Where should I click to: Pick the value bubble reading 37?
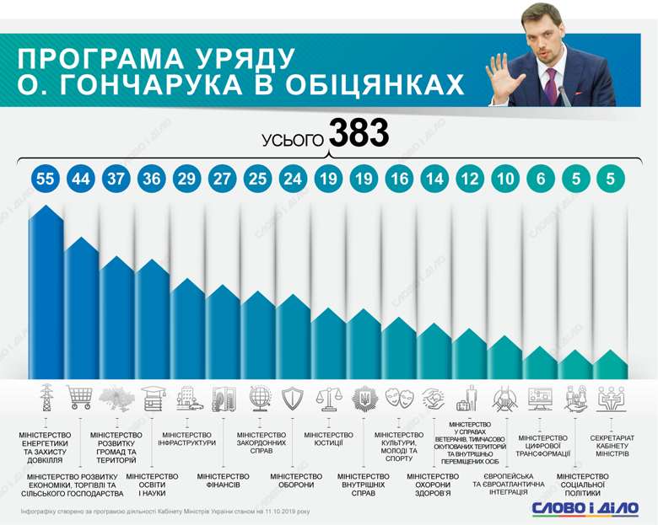point(116,179)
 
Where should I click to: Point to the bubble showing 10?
point(504,179)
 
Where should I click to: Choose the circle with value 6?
point(540,179)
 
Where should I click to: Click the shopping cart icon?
point(80,396)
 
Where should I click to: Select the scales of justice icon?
point(327,397)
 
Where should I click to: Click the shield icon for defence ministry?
point(292,397)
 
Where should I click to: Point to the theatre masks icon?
point(398,397)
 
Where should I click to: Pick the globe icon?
point(257,396)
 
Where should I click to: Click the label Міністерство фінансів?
point(223,481)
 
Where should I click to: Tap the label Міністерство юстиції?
point(328,439)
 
